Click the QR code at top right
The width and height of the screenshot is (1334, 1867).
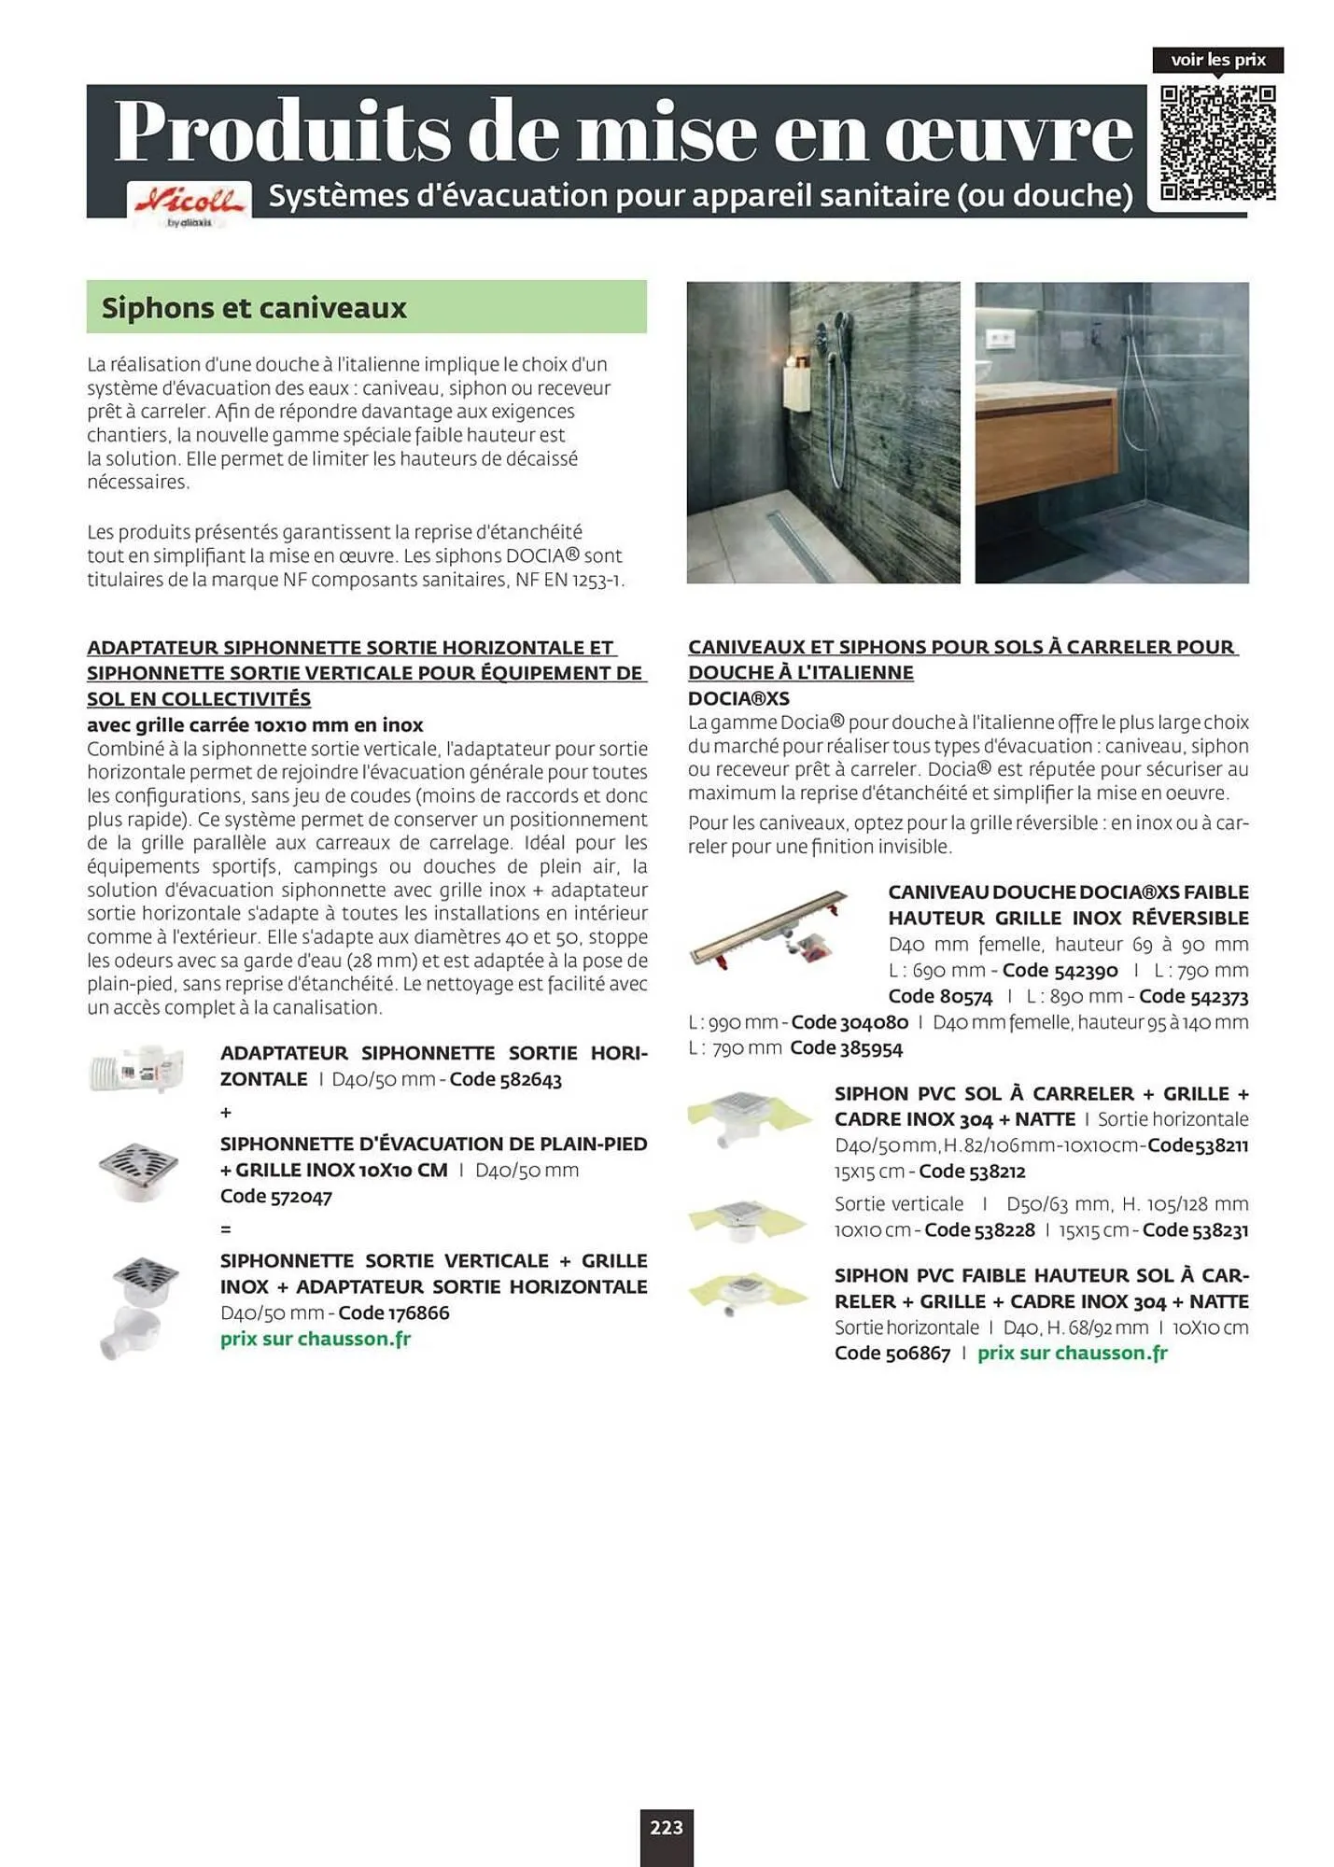pyautogui.click(x=1218, y=143)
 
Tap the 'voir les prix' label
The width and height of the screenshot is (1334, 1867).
pyautogui.click(x=1217, y=60)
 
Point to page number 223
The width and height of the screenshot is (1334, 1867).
pyautogui.click(x=667, y=1827)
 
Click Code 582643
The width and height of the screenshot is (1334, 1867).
pyautogui.click(x=505, y=1079)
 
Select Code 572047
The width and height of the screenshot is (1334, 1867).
pyautogui.click(x=276, y=1196)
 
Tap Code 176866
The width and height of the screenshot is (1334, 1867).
pyautogui.click(x=393, y=1313)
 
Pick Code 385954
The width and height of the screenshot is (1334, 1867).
pyautogui.click(x=846, y=1048)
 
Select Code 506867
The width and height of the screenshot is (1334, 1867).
pyautogui.click(x=892, y=1354)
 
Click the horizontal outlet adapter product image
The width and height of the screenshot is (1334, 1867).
pyautogui.click(x=137, y=1068)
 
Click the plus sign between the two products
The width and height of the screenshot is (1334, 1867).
pyautogui.click(x=226, y=1113)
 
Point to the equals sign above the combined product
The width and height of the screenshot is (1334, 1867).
pyautogui.click(x=226, y=1229)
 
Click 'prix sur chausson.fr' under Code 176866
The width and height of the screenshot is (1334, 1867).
pyautogui.click(x=316, y=1339)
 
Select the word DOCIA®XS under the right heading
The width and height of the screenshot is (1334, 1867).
pyautogui.click(x=738, y=698)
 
